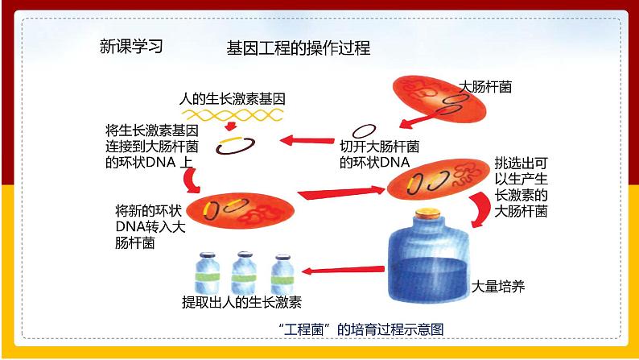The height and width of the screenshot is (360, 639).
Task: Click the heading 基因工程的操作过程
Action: coord(299,48)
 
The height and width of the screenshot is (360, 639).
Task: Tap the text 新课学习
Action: coord(131,47)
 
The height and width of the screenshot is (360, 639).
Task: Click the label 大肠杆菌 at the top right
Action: coord(485,87)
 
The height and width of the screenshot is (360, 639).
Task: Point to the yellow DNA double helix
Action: coord(233,115)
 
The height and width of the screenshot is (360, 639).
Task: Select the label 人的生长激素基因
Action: coord(233,99)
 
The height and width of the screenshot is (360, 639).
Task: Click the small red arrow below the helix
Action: coord(231,126)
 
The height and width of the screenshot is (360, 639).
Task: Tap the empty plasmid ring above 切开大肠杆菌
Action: coord(364,131)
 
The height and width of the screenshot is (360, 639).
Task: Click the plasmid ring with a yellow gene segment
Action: coord(235,146)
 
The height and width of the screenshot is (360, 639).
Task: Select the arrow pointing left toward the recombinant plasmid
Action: coord(307,141)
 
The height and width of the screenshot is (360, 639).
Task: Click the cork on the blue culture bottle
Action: coord(427,213)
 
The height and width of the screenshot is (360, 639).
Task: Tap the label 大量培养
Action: coord(498,287)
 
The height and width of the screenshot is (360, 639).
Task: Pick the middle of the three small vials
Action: coord(244,272)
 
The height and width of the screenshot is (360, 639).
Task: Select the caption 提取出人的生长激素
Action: coord(241,302)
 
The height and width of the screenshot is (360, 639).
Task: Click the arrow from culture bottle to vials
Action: coord(343,270)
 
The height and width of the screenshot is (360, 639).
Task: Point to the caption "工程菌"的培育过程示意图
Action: coord(361,329)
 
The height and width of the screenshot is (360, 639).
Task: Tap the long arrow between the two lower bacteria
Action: coord(340,192)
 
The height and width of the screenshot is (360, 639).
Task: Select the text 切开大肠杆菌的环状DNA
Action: coord(379,155)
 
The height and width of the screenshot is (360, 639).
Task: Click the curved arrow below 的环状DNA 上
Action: coord(190,180)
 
